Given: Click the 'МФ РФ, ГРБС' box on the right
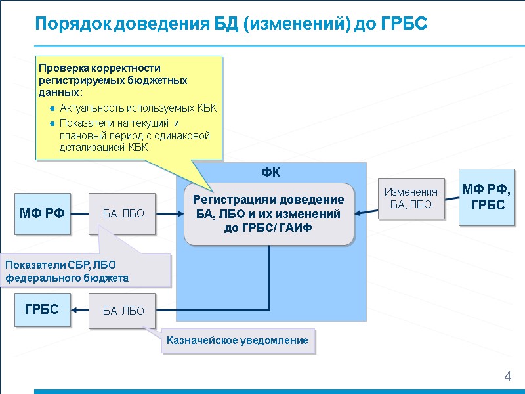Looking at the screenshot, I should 488,197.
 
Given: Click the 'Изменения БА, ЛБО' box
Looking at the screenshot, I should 411,198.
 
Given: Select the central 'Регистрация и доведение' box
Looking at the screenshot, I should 268,213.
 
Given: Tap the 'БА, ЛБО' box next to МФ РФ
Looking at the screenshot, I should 123,213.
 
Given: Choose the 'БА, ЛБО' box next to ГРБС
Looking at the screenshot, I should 123,311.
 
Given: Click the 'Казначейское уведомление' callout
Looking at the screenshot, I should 238,341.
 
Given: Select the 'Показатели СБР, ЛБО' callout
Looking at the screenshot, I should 85,271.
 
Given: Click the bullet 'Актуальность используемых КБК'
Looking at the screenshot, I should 138,108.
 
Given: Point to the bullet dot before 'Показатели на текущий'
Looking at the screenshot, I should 52,123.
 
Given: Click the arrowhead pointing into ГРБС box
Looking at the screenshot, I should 75,311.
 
